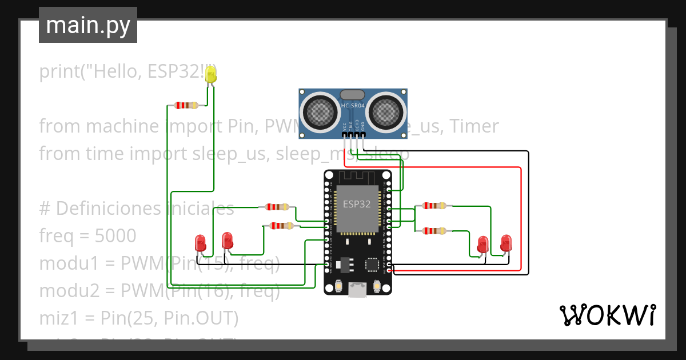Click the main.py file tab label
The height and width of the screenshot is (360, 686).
click(x=87, y=25)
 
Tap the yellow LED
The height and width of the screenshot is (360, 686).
click(x=211, y=74)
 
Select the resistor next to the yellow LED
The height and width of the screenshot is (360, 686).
click(x=186, y=105)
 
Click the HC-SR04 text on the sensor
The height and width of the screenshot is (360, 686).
click(x=353, y=106)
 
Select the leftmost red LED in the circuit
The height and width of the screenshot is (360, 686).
click(x=201, y=242)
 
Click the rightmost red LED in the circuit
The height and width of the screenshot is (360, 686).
click(x=505, y=242)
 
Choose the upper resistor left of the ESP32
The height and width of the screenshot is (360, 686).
click(x=277, y=207)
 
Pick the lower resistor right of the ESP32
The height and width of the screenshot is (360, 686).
click(x=434, y=231)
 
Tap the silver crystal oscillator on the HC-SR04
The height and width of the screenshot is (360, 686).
click(x=352, y=95)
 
